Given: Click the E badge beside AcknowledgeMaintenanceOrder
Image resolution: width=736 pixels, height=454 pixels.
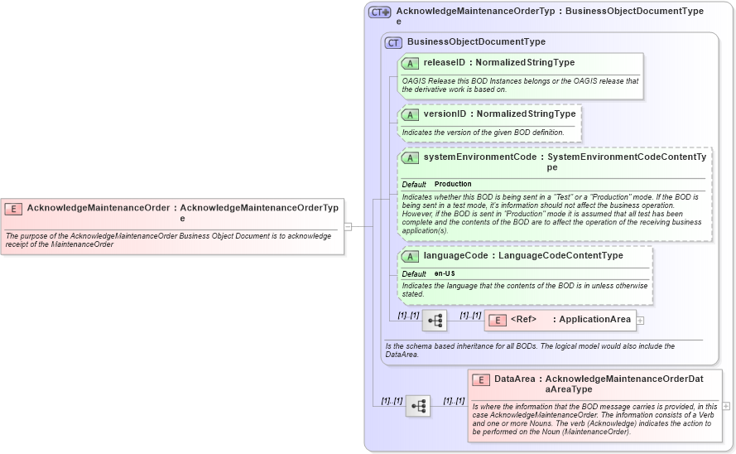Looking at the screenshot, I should tap(13, 209).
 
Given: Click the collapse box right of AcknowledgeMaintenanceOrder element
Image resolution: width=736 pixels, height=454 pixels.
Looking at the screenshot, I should tap(349, 226).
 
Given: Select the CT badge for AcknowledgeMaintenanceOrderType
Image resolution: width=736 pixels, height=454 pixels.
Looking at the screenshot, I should tap(380, 12).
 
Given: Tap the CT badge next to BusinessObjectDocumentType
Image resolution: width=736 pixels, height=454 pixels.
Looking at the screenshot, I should tap(393, 42).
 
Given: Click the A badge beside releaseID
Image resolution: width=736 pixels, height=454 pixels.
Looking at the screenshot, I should tap(410, 63).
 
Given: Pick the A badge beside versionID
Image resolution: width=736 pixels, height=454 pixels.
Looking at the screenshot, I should tap(410, 114).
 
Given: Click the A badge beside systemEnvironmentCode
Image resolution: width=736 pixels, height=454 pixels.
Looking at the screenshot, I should tap(410, 157).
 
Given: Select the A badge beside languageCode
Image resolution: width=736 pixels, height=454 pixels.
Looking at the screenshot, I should tap(410, 256).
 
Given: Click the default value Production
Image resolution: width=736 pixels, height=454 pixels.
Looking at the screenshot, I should tap(453, 184).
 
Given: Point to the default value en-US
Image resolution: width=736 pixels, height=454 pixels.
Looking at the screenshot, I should tap(445, 273).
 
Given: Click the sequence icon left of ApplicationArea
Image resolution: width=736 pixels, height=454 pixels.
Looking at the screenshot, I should tap(435, 320).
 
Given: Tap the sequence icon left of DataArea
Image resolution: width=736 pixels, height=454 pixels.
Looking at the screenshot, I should tap(418, 406).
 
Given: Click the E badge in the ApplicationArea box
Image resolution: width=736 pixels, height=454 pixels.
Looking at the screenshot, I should tap(498, 320).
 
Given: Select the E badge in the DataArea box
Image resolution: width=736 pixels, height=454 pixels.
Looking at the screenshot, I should tap(481, 379).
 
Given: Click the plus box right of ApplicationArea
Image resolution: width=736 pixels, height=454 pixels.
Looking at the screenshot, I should tap(640, 320).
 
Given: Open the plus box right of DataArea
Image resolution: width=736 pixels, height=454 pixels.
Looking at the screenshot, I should tap(726, 406).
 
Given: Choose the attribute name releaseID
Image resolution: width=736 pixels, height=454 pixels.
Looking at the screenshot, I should tap(445, 63).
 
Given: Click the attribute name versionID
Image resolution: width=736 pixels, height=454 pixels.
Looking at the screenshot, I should tap(446, 114).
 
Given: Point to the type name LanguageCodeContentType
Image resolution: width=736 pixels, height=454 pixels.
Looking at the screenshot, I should tap(560, 256).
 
